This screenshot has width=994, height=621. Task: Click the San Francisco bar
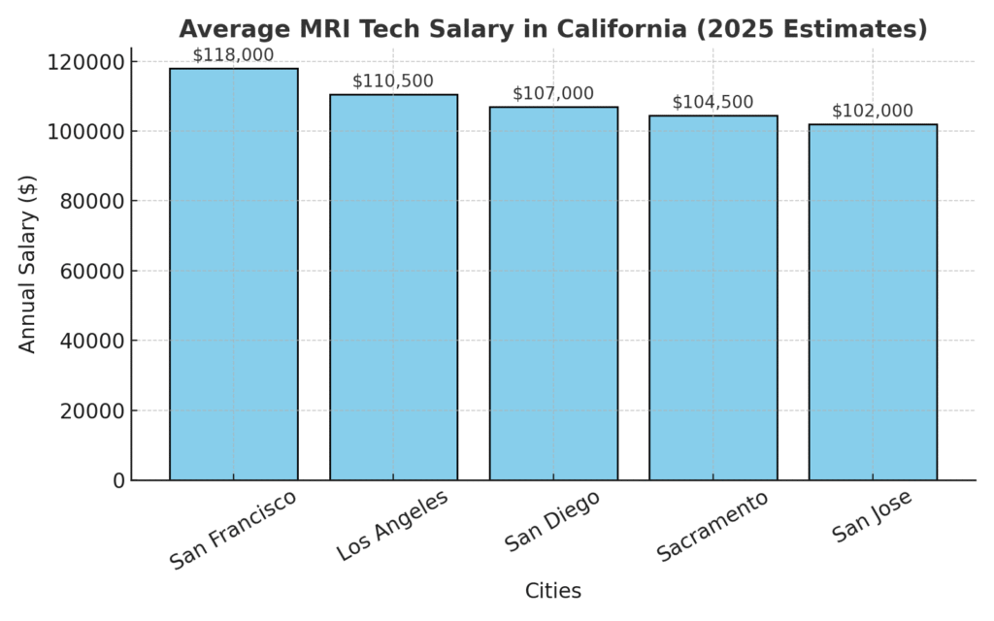click(x=233, y=274)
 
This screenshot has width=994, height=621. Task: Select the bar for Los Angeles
click(x=393, y=287)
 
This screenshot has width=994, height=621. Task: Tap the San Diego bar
click(x=553, y=293)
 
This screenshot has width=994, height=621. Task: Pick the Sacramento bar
click(x=712, y=298)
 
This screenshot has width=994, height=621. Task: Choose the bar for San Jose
click(x=873, y=302)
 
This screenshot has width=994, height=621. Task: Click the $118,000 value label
click(x=233, y=55)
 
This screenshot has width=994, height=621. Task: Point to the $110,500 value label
click(x=393, y=82)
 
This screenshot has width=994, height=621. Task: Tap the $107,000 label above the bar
click(x=553, y=93)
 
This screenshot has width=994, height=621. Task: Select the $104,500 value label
click(x=712, y=103)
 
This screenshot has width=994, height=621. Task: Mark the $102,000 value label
click(x=873, y=111)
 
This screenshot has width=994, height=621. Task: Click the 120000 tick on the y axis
click(x=86, y=62)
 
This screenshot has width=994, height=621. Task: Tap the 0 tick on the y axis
click(x=119, y=480)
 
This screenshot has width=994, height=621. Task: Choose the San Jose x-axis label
click(x=873, y=517)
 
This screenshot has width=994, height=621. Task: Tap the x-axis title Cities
click(x=553, y=590)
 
